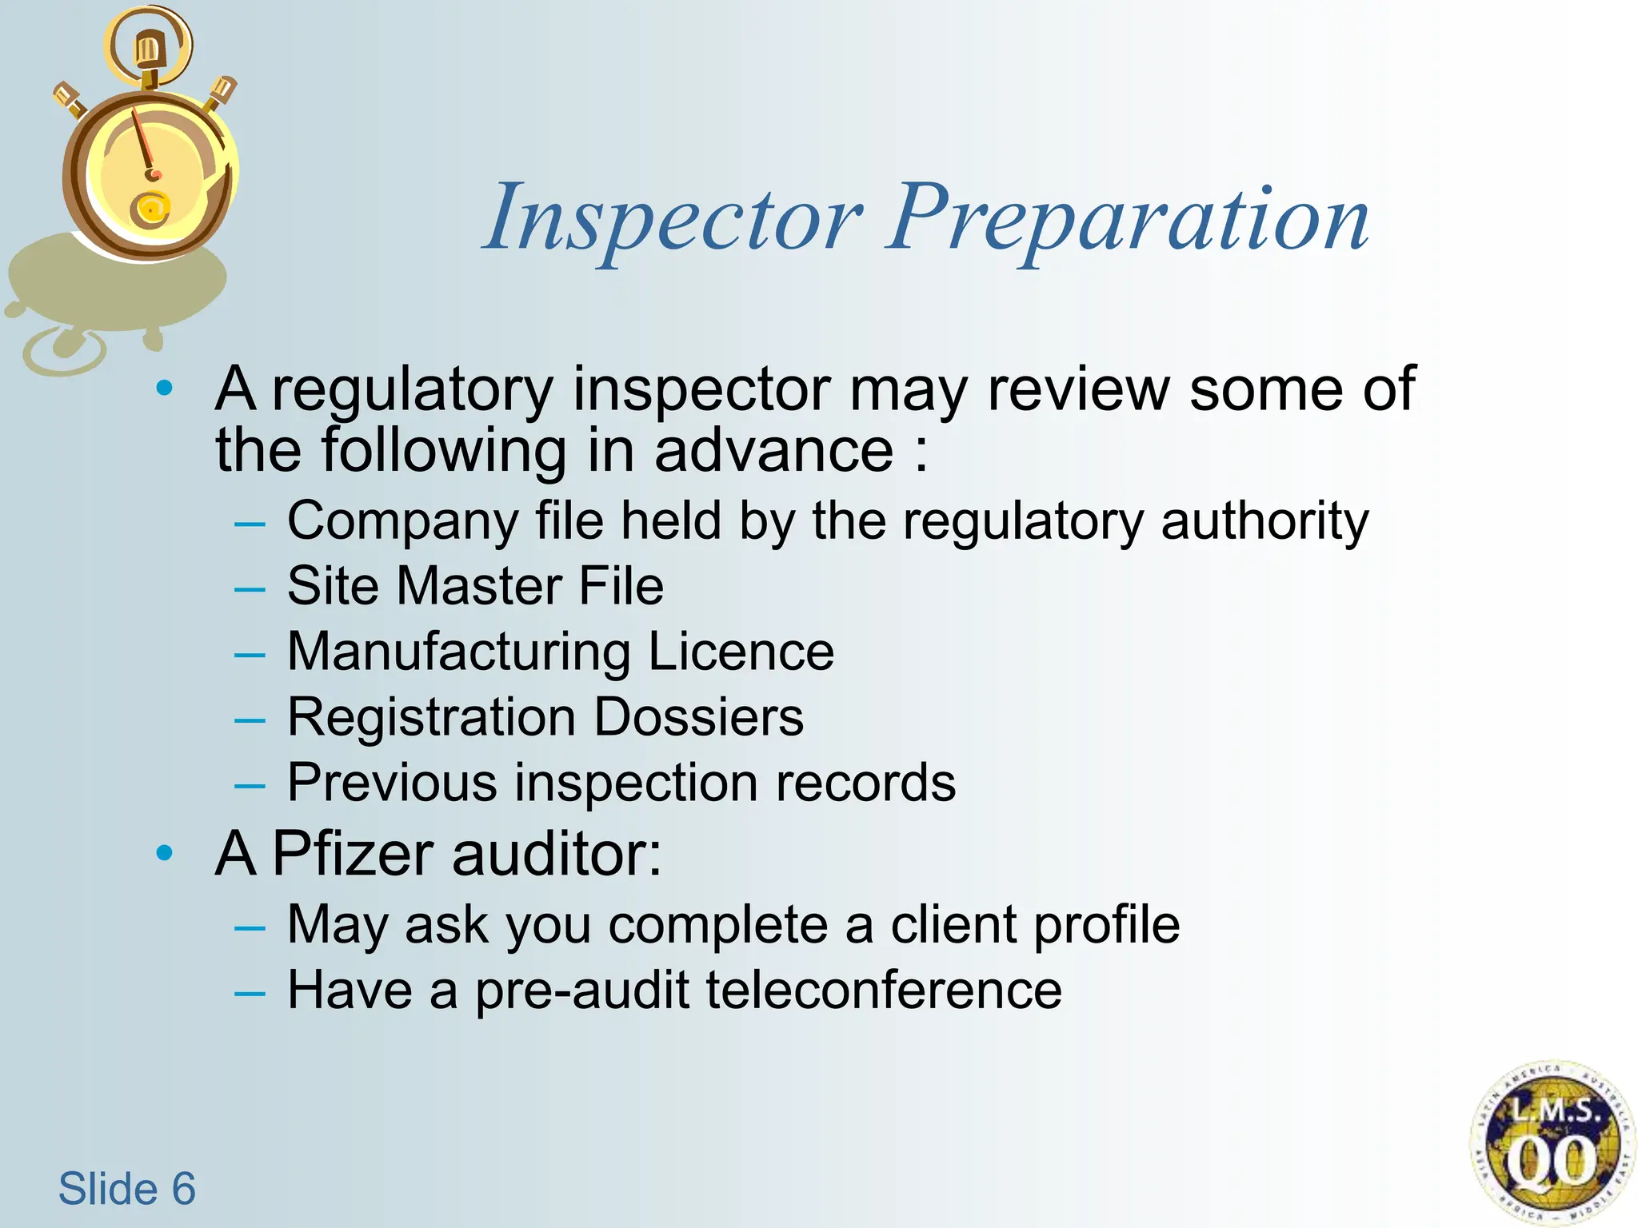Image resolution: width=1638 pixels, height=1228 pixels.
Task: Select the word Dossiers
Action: [x=698, y=716]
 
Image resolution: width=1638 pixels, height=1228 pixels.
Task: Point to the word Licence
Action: [x=741, y=651]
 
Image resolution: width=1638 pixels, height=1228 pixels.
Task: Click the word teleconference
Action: [x=884, y=990]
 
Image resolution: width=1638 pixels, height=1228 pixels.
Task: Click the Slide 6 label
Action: [x=126, y=1188]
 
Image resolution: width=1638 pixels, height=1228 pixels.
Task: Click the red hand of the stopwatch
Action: [x=144, y=144]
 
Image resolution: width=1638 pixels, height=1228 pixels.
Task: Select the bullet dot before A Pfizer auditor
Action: [x=165, y=853]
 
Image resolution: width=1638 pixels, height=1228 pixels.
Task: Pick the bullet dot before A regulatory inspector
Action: [x=165, y=389]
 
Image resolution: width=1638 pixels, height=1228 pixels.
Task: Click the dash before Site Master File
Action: [x=250, y=589]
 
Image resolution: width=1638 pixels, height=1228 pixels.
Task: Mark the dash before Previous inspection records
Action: [x=250, y=786]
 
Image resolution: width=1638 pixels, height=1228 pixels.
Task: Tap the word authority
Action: [x=1264, y=521]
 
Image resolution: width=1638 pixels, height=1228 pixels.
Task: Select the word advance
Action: [x=773, y=450]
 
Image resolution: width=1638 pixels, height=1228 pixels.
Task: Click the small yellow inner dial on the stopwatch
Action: [x=150, y=209]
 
